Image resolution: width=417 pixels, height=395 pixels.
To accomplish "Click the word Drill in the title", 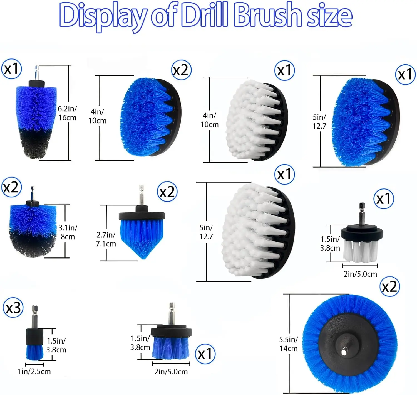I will tap(205, 15).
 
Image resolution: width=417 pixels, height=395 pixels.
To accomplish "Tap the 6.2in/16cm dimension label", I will tap(67, 113).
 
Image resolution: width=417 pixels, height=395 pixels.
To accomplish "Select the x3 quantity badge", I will tap(13, 308).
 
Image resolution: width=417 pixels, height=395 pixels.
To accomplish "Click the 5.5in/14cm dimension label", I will tap(288, 344).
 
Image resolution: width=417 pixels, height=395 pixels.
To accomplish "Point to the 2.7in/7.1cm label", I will tap(106, 239).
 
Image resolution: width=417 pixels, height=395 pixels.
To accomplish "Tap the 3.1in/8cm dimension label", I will tap(68, 232).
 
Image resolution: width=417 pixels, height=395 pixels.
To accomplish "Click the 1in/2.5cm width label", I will tap(34, 371).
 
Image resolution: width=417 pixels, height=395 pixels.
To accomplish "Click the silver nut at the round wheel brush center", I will tap(344, 352).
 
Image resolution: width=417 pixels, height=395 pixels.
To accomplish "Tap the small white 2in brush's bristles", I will tap(360, 251).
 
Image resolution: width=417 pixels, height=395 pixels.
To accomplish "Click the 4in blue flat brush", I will tap(150, 117).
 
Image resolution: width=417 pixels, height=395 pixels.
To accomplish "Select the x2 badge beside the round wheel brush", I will tap(389, 286).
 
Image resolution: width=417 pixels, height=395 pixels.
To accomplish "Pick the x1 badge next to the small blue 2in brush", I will tap(205, 354).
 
